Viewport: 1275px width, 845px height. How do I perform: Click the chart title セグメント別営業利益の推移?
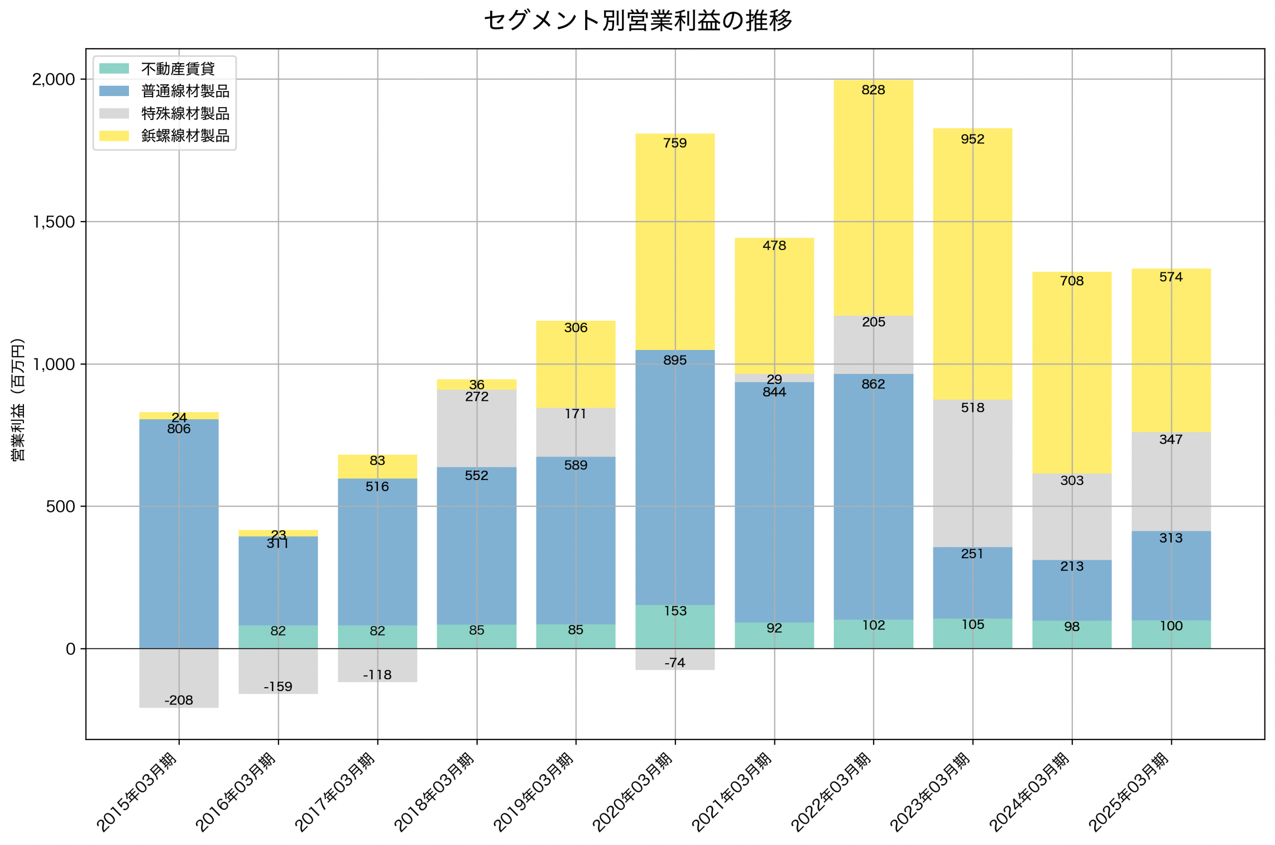637,21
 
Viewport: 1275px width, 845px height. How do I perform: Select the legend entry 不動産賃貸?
178,68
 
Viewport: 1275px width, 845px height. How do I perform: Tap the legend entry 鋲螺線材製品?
185,135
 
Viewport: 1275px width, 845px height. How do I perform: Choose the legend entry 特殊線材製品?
185,113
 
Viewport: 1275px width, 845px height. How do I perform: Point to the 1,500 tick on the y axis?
53,222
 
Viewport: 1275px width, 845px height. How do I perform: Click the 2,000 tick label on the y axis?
53,79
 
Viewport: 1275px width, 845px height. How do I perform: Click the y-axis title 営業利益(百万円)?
18,399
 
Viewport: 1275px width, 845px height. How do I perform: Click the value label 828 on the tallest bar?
873,90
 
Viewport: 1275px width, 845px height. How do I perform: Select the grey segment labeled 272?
476,431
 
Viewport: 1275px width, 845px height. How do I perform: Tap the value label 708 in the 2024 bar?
1071,281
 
